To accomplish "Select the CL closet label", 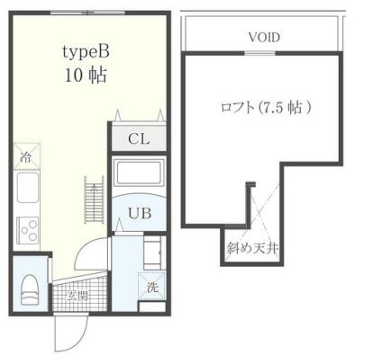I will pyautogui.click(x=138, y=139).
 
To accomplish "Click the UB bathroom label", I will pyautogui.click(x=138, y=212).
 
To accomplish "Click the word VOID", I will pyautogui.click(x=263, y=38).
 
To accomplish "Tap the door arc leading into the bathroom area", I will pyautogui.click(x=95, y=251).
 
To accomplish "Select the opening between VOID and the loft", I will pyautogui.click(x=261, y=52).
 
